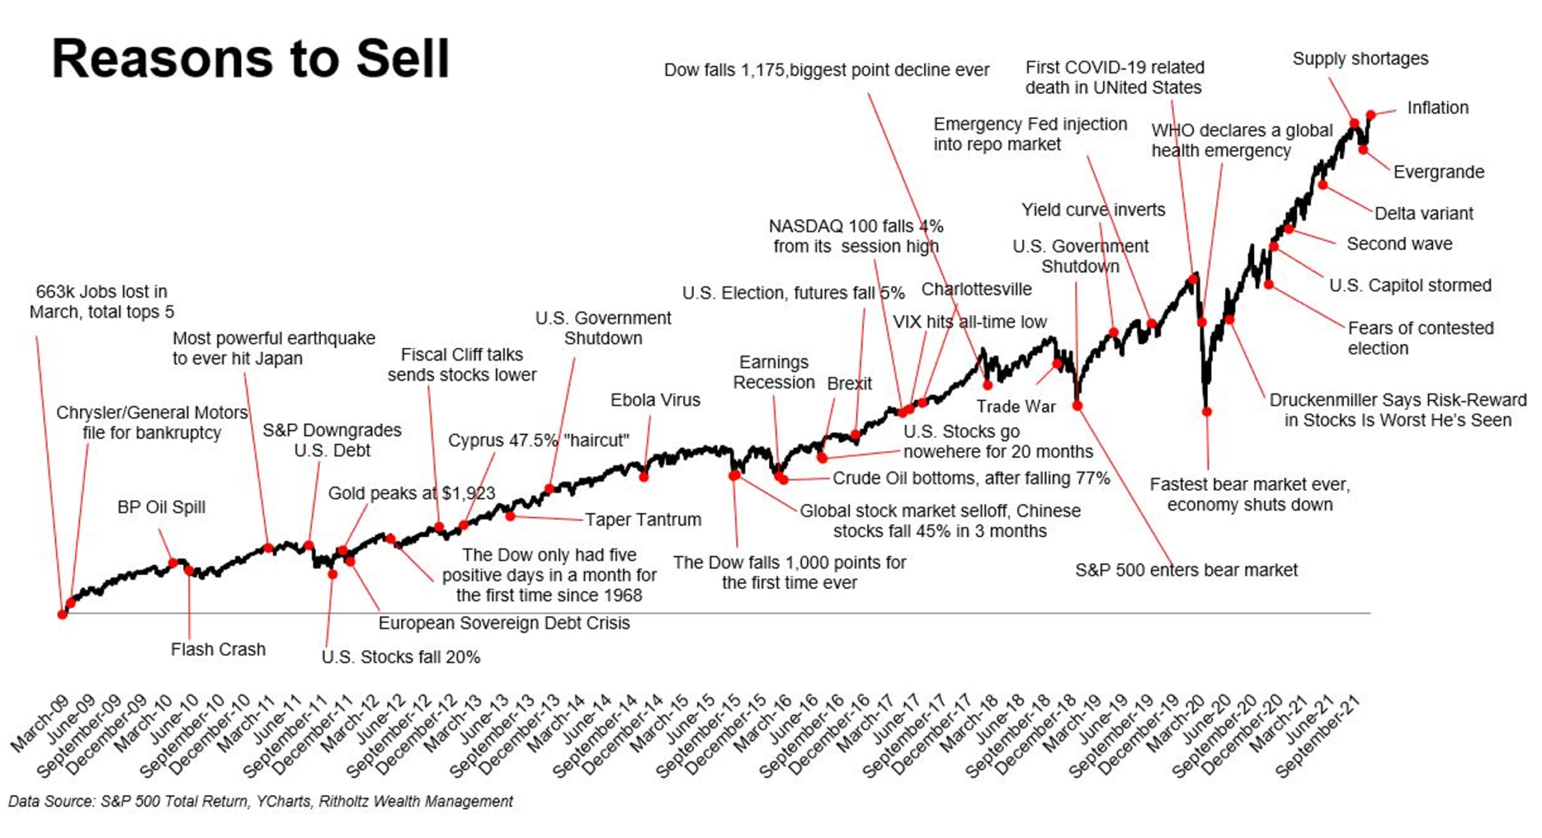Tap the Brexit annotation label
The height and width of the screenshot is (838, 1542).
pyautogui.click(x=849, y=384)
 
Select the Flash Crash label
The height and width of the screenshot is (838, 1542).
pyautogui.click(x=218, y=650)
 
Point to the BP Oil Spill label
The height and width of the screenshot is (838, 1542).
pyautogui.click(x=161, y=508)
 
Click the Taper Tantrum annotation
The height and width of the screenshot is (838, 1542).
pyautogui.click(x=643, y=520)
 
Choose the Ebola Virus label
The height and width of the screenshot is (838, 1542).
pyautogui.click(x=655, y=401)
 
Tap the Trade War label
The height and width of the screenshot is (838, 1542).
pyautogui.click(x=1016, y=407)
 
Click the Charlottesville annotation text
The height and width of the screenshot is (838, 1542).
pyautogui.click(x=976, y=290)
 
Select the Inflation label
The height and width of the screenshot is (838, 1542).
pyautogui.click(x=1437, y=108)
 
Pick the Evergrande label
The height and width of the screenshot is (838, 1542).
pyautogui.click(x=1438, y=172)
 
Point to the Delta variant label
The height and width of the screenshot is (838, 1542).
pyautogui.click(x=1423, y=214)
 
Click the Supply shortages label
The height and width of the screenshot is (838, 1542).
pyautogui.click(x=1360, y=59)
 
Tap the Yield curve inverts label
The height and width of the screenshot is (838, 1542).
pyautogui.click(x=1092, y=210)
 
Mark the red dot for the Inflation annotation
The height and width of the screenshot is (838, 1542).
pyautogui.click(x=1371, y=116)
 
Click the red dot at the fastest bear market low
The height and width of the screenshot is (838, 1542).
pyautogui.click(x=1207, y=412)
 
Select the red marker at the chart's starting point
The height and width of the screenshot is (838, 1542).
pyautogui.click(x=62, y=614)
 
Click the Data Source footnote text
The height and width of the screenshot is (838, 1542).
pyautogui.click(x=260, y=801)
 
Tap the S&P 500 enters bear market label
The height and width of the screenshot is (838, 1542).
pyautogui.click(x=1186, y=571)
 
